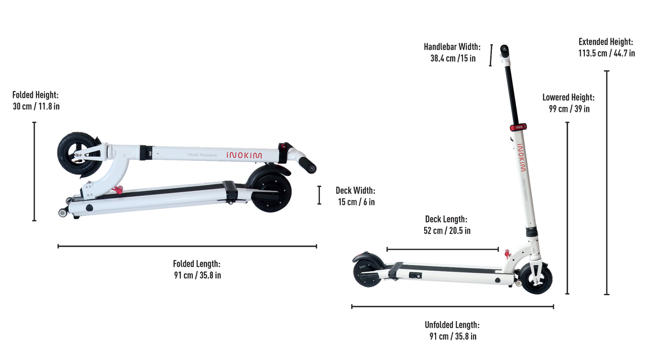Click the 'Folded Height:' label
click(35, 95)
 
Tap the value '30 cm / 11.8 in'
click(36, 106)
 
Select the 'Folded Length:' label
click(197, 264)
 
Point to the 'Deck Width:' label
click(355, 190)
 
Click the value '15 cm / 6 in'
click(356, 201)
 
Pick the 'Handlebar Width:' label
click(452, 47)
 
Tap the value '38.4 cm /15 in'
click(453, 58)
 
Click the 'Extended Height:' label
click(606, 42)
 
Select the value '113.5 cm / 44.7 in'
click(606, 53)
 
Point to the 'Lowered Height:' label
click(569, 98)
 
